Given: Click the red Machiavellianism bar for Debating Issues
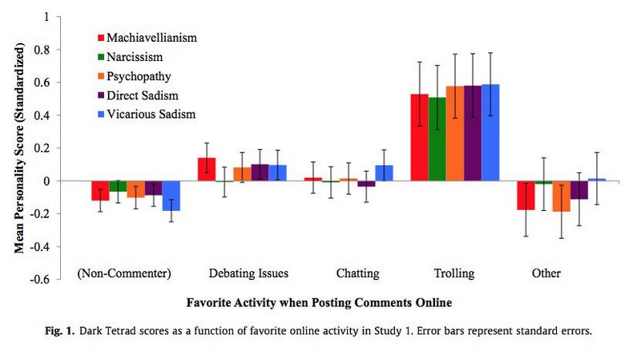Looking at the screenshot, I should (x=207, y=169).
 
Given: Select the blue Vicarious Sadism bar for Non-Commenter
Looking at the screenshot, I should (x=171, y=196).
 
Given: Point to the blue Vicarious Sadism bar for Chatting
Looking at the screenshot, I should (x=384, y=173).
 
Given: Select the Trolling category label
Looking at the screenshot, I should (x=454, y=273).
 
